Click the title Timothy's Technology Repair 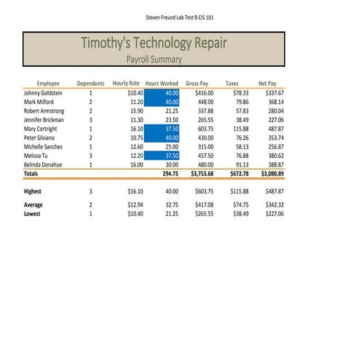[x=153, y=44]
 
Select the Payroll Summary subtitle [x=153, y=60]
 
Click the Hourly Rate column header [x=126, y=84]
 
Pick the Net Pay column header [x=268, y=84]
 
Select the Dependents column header [x=91, y=84]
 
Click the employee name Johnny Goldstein [x=43, y=93]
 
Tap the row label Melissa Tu [x=35, y=156]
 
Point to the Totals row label [x=31, y=175]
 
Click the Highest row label [x=33, y=191]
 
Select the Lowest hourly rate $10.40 [x=135, y=215]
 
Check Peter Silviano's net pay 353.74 [x=275, y=138]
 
